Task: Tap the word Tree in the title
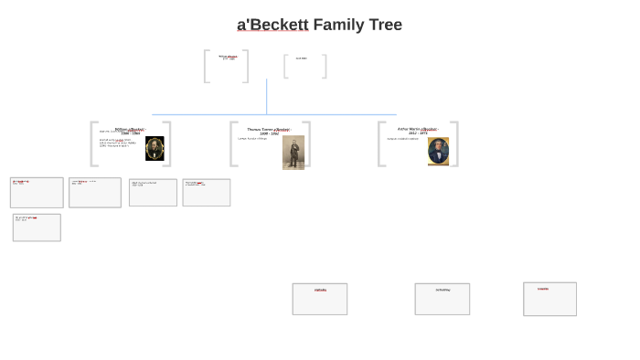pyautogui.click(x=384, y=25)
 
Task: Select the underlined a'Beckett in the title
pyautogui.click(x=272, y=25)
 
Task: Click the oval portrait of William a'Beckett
pyautogui.click(x=155, y=148)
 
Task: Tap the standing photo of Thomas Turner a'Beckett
pyautogui.click(x=293, y=152)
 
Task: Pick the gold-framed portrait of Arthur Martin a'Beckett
pyautogui.click(x=438, y=151)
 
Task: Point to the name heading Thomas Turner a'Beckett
pyautogui.click(x=269, y=130)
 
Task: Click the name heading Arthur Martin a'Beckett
pyautogui.click(x=417, y=129)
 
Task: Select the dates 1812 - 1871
pyautogui.click(x=417, y=133)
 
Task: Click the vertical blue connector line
pyautogui.click(x=267, y=96)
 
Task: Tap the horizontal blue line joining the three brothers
pyautogui.click(x=274, y=114)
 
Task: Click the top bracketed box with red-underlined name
pyautogui.click(x=227, y=66)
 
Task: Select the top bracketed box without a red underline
pyautogui.click(x=304, y=66)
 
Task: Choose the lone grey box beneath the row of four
pyautogui.click(x=37, y=228)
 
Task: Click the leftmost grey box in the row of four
pyautogui.click(x=37, y=193)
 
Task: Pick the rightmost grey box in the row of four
pyautogui.click(x=207, y=193)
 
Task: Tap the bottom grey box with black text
pyautogui.click(x=443, y=299)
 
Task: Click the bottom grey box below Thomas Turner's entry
pyautogui.click(x=320, y=299)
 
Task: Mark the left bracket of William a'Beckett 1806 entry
pyautogui.click(x=92, y=144)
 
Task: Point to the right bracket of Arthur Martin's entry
pyautogui.click(x=455, y=144)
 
